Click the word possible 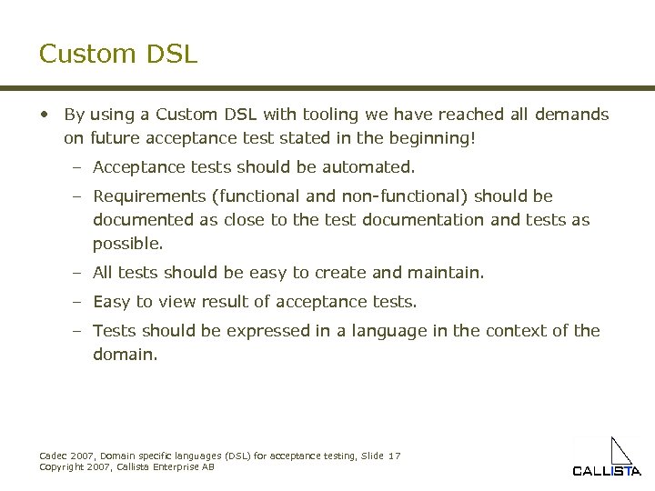pos(127,244)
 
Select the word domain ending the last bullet pos(125,355)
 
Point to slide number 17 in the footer pos(394,456)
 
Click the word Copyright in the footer pos(61,466)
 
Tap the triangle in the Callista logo pos(621,451)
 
